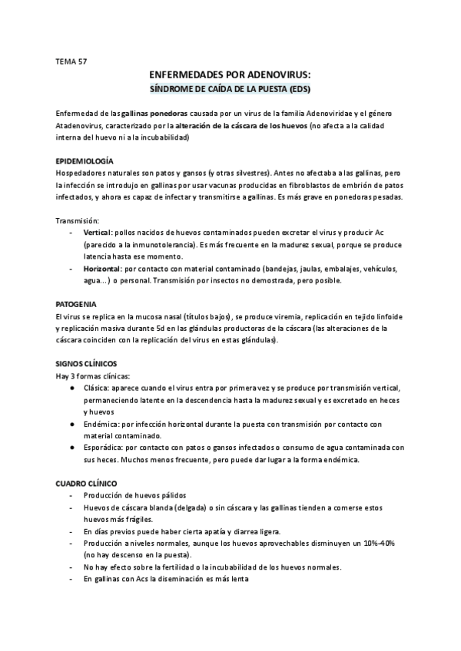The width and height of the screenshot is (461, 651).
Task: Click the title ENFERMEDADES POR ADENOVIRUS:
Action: point(230,74)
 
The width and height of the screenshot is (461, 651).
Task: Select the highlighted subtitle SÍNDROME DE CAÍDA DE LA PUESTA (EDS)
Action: point(230,89)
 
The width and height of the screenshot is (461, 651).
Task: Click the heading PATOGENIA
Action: point(76,304)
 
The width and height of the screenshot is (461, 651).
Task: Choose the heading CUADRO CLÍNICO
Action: point(86,484)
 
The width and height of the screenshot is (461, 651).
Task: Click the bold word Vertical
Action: point(97,232)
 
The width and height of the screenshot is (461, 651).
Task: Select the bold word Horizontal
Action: point(101,268)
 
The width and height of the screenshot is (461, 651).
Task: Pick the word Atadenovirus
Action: point(81,125)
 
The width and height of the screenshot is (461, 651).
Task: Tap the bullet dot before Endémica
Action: point(72,424)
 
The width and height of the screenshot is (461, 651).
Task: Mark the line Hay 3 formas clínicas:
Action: point(93,376)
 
